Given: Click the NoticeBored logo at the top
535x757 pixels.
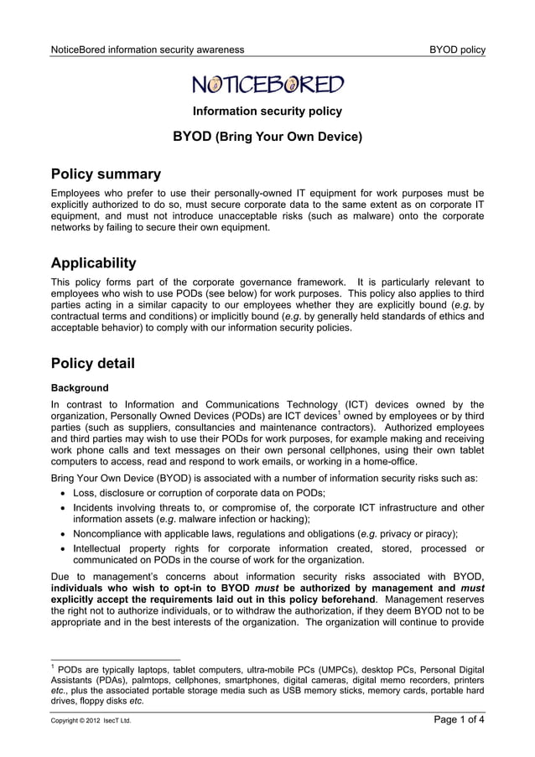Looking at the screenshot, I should click(x=267, y=84).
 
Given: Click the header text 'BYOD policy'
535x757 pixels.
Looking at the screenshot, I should click(x=457, y=49).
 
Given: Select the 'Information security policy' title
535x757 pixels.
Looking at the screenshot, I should click(x=267, y=111).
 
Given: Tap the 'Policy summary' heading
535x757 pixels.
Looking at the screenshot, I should click(x=106, y=174).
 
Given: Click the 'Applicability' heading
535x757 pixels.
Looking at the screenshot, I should click(x=93, y=263).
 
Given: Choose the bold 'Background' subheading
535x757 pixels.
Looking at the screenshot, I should click(x=80, y=388).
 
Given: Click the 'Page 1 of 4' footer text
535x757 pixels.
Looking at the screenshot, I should click(x=459, y=719).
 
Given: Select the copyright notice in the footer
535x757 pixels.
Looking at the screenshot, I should click(x=91, y=720).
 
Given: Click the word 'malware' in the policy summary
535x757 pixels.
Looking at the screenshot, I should click(x=354, y=215).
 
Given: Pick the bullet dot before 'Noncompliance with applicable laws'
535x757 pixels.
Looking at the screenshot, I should click(x=63, y=533).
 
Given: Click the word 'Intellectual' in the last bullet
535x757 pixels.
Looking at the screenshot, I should click(x=101, y=548).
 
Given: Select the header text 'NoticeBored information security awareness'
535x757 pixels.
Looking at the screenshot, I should click(x=148, y=49).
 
